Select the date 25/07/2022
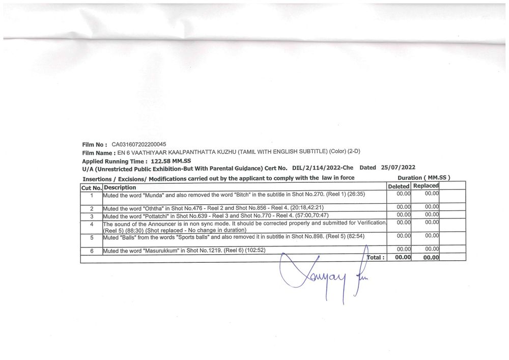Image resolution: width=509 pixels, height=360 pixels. (398, 168)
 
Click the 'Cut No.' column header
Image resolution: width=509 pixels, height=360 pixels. (92, 187)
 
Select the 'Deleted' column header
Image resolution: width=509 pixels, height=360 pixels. (399, 187)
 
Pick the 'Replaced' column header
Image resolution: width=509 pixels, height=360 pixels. (426, 186)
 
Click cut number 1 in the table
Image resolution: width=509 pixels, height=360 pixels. (92, 195)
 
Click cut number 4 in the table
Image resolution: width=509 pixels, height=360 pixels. (92, 224)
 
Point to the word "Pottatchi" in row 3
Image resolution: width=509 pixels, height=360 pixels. (160, 216)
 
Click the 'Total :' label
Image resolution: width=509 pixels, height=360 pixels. (376, 258)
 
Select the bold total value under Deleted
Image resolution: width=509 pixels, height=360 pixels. (403, 258)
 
